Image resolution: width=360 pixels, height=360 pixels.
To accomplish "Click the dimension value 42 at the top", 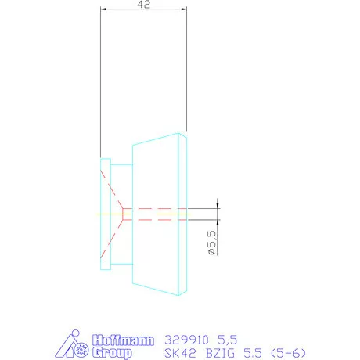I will (144, 5).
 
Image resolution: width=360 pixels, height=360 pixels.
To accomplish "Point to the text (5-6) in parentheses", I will (289, 353).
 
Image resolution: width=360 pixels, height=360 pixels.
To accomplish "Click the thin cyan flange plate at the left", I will (104, 213).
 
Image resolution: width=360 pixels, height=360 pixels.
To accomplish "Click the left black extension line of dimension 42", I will (100, 78).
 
